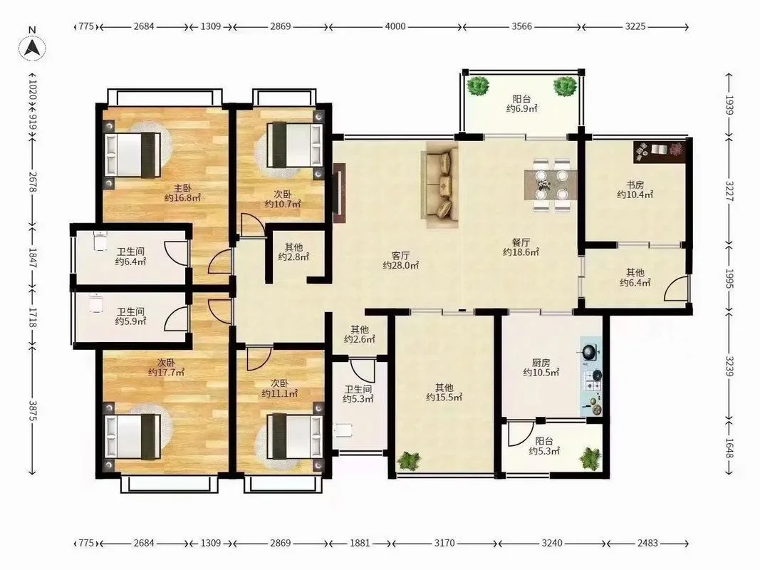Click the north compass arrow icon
click(33, 48)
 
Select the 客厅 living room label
click(400, 256)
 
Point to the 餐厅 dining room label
click(521, 242)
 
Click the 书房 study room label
click(635, 185)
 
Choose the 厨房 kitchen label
click(541, 363)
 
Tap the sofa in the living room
click(440, 185)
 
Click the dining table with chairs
click(550, 185)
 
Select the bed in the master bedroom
click(132, 155)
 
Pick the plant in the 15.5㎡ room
click(410, 460)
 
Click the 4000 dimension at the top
click(395, 26)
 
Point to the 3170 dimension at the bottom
click(444, 543)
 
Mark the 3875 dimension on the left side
click(33, 410)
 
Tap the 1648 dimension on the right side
click(729, 447)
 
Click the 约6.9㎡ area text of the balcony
click(521, 108)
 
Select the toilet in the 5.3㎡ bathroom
click(342, 430)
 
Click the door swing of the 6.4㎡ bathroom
click(175, 253)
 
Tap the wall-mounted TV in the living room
click(339, 193)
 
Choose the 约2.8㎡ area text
click(293, 257)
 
